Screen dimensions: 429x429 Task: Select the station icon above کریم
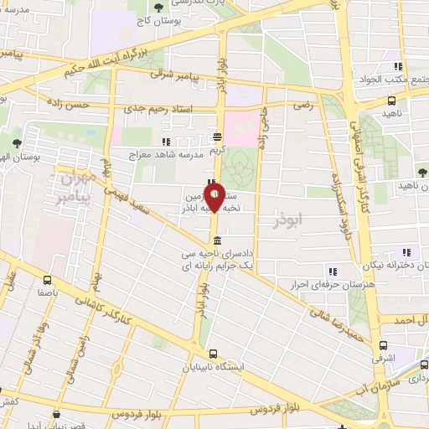point(218,136)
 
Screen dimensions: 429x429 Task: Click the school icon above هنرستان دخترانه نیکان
point(407,252)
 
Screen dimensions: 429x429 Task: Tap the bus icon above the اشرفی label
point(383,345)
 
